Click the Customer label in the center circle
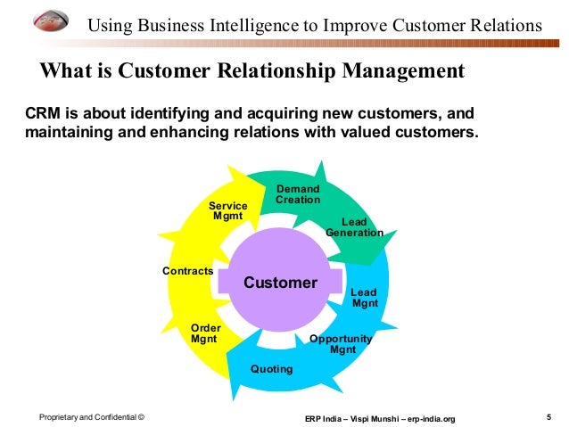point(280,283)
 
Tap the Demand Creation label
point(298,194)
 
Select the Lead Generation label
point(354,227)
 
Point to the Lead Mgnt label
point(365,298)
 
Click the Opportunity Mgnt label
point(341,344)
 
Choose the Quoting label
point(271,369)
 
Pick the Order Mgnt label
point(205,333)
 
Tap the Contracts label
point(187,270)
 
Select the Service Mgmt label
point(228,211)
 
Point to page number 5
point(548,416)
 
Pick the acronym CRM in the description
point(40,114)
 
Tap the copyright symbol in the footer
point(141,417)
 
